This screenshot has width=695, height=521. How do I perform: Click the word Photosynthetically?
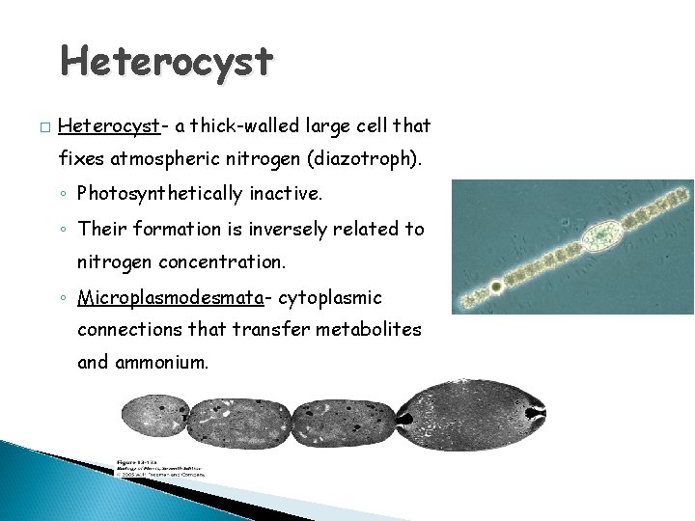click(163, 193)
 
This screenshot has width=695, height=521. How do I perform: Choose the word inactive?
click(289, 193)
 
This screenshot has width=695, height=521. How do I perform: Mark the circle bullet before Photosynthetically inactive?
click(63, 194)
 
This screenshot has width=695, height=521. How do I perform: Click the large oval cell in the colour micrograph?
click(603, 235)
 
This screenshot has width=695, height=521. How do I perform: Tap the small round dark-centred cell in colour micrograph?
click(496, 288)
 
